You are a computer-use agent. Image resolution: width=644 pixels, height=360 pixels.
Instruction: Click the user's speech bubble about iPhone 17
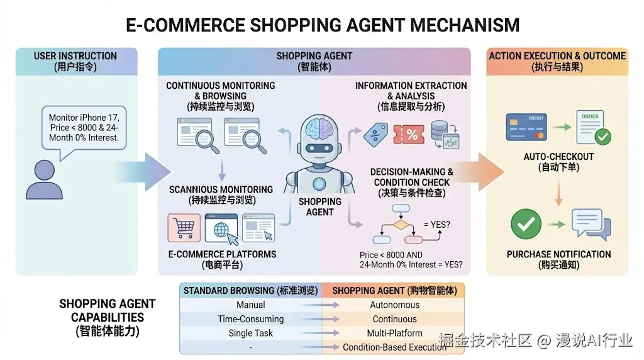point(84,128)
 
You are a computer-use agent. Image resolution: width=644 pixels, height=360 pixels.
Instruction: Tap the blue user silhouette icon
point(44,179)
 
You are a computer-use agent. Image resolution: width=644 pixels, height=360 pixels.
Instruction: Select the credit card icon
point(526,127)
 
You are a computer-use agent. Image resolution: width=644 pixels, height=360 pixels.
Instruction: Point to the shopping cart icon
point(184,228)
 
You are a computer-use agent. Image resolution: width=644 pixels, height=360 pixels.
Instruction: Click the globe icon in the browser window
point(221,229)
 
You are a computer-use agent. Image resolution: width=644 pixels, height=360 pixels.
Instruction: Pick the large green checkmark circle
point(526,224)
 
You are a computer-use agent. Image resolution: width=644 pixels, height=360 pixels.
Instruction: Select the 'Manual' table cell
point(250,305)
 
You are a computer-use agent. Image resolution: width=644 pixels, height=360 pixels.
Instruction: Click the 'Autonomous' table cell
point(394,305)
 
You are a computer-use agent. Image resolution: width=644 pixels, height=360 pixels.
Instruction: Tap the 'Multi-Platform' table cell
point(394,333)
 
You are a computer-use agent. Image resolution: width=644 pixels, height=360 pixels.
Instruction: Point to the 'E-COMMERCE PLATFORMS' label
point(222,254)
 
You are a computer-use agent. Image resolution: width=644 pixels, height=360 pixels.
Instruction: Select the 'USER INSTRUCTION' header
point(75,56)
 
